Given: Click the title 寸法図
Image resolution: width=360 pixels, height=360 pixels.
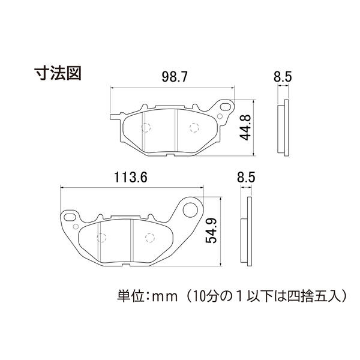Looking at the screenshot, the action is [58, 73].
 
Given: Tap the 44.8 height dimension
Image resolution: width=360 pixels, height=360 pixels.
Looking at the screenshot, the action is [245, 127].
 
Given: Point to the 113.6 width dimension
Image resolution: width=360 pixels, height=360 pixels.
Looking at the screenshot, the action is [131, 178].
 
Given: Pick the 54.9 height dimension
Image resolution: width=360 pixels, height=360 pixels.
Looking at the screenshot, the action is [211, 231].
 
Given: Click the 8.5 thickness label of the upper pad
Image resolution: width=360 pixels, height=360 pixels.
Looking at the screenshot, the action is [283, 77].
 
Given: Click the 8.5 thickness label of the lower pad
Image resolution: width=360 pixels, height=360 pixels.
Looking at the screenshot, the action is [246, 177].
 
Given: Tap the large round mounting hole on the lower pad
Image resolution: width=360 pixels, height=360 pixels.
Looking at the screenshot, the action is [190, 209].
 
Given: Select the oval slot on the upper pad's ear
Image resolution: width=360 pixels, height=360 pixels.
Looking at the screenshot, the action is [226, 107].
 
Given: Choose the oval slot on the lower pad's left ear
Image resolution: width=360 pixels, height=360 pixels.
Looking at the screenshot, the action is [70, 217].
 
